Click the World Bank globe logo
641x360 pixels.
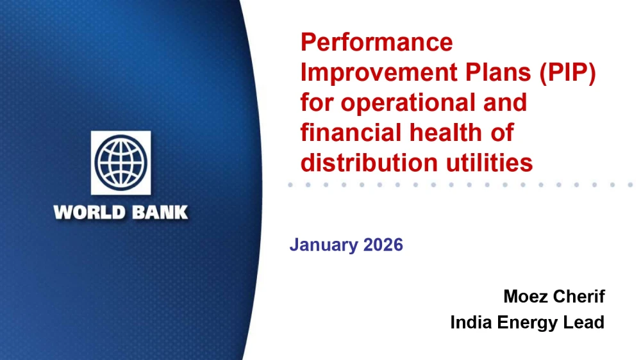click(x=121, y=163)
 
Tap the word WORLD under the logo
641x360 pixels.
click(x=89, y=213)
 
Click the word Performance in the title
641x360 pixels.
click(x=376, y=42)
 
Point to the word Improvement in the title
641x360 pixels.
click(x=379, y=72)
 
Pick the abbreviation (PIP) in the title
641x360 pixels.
click(x=568, y=73)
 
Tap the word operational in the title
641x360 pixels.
click(x=408, y=102)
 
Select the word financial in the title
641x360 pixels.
click(x=351, y=133)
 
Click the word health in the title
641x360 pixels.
click(x=446, y=133)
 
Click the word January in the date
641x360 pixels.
click(x=324, y=245)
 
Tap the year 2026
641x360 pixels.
click(x=383, y=244)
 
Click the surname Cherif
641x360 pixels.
click(x=578, y=296)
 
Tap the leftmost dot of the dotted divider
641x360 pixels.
click(x=290, y=184)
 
